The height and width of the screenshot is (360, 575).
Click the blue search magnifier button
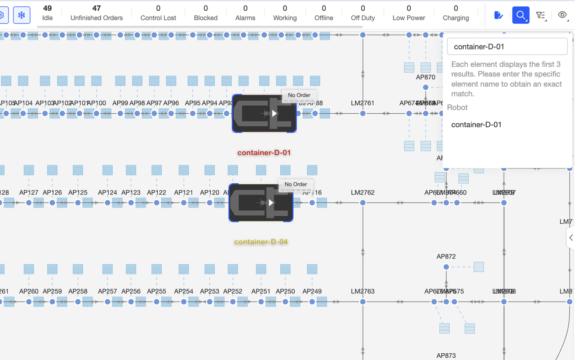[521, 15]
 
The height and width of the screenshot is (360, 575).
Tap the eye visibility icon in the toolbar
[562, 15]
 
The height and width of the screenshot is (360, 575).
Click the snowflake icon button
[22, 15]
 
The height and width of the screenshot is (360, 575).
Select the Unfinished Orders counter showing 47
[97, 13]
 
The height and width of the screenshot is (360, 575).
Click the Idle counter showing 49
[47, 13]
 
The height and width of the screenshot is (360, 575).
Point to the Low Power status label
[408, 18]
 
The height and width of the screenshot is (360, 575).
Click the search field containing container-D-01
[507, 47]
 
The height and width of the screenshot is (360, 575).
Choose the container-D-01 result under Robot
[476, 124]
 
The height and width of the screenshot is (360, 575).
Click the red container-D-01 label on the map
[264, 153]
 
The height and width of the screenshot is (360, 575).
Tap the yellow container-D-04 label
[261, 242]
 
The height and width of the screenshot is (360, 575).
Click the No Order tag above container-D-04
[296, 184]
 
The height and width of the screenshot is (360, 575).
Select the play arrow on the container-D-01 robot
[274, 114]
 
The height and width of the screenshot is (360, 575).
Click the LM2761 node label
[363, 103]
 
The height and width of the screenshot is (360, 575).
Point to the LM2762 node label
[363, 192]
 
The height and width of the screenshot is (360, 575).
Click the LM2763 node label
[363, 291]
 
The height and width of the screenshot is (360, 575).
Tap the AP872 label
[446, 257]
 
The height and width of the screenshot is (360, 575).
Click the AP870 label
[425, 77]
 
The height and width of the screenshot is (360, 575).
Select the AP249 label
[312, 291]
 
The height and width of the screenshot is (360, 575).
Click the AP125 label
[78, 192]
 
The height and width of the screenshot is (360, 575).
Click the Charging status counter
[456, 13]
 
